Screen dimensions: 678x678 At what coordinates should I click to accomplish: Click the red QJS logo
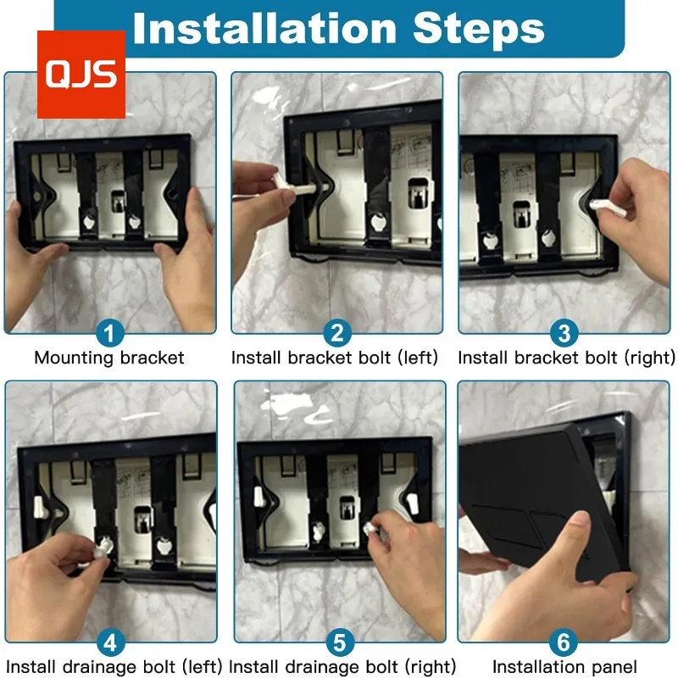[x=81, y=75]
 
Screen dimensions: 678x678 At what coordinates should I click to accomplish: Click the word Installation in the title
[x=264, y=29]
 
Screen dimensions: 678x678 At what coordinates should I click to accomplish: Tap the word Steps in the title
[x=478, y=29]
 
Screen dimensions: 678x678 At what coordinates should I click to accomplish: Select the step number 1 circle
[x=109, y=333]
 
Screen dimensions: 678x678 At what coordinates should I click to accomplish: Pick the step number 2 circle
[x=336, y=333]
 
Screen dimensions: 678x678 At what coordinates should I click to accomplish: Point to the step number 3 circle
[x=564, y=333]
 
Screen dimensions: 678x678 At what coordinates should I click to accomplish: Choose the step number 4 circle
[x=110, y=642]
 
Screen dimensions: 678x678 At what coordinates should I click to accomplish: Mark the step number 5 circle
[x=340, y=642]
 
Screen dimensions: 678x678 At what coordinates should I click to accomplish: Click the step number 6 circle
[x=564, y=642]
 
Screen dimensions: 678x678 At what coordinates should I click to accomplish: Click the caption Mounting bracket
[x=109, y=358]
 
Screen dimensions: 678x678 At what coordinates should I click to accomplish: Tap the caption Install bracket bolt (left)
[x=335, y=358]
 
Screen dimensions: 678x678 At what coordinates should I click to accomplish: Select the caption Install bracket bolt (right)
[x=566, y=358]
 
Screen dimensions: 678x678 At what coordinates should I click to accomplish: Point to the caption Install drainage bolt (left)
[x=114, y=667]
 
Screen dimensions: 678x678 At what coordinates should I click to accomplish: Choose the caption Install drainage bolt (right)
[x=342, y=667]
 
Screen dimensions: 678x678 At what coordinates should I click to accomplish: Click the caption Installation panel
[x=564, y=667]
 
